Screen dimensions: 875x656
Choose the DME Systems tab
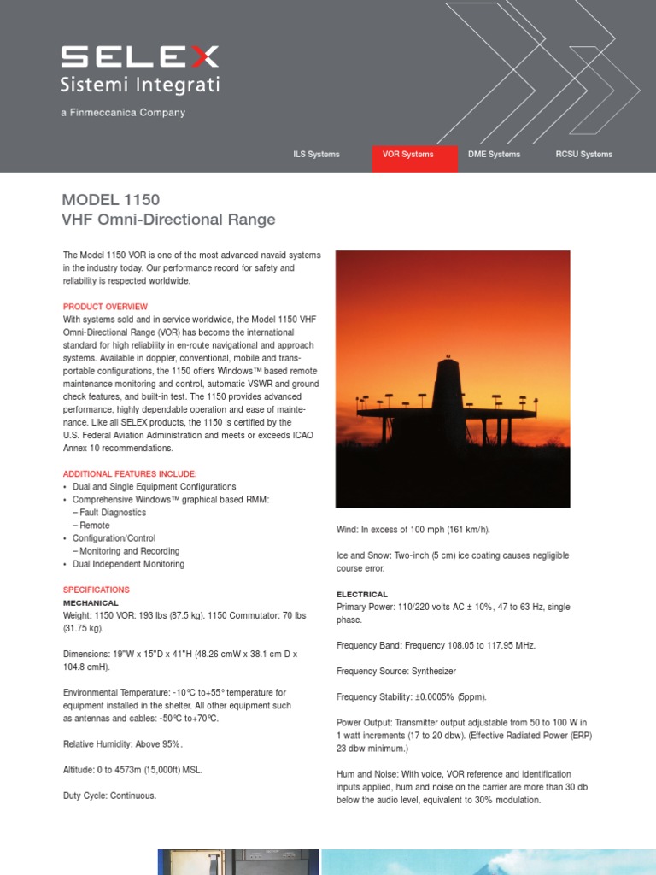click(494, 155)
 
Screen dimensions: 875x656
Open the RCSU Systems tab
click(583, 155)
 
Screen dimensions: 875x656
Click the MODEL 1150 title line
click(111, 200)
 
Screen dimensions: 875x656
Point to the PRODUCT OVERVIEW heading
click(105, 307)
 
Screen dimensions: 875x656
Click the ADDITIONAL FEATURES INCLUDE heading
click(130, 473)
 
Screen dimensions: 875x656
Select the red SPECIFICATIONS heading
click(97, 590)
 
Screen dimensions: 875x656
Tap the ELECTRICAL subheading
click(362, 594)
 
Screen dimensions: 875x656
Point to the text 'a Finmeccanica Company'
click(123, 113)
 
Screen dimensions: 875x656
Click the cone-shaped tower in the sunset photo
click(448, 389)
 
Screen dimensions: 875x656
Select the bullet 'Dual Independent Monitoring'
click(128, 564)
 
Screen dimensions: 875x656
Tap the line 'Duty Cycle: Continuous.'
click(110, 796)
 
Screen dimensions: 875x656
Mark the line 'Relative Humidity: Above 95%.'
click(123, 744)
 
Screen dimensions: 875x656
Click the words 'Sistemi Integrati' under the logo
click(139, 85)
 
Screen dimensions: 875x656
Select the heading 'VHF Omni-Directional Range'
click(169, 220)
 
